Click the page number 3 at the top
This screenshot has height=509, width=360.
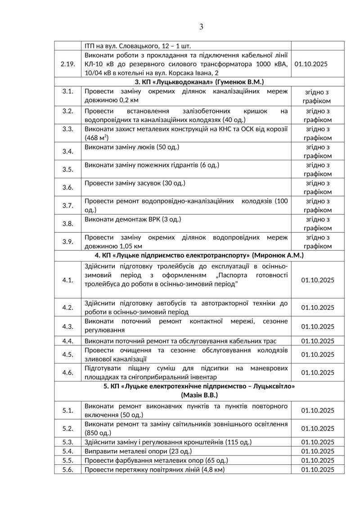click(201, 27)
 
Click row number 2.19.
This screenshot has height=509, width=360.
click(67, 64)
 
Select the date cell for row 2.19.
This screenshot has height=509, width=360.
click(318, 64)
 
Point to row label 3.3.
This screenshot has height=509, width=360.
click(67, 129)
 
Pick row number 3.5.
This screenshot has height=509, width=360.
click(67, 169)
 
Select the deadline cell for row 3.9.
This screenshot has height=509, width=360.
click(318, 242)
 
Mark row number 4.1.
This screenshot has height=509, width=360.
click(67, 280)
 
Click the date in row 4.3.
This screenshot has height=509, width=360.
click(318, 326)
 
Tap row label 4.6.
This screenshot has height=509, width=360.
click(67, 373)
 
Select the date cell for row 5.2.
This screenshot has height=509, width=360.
click(318, 428)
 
